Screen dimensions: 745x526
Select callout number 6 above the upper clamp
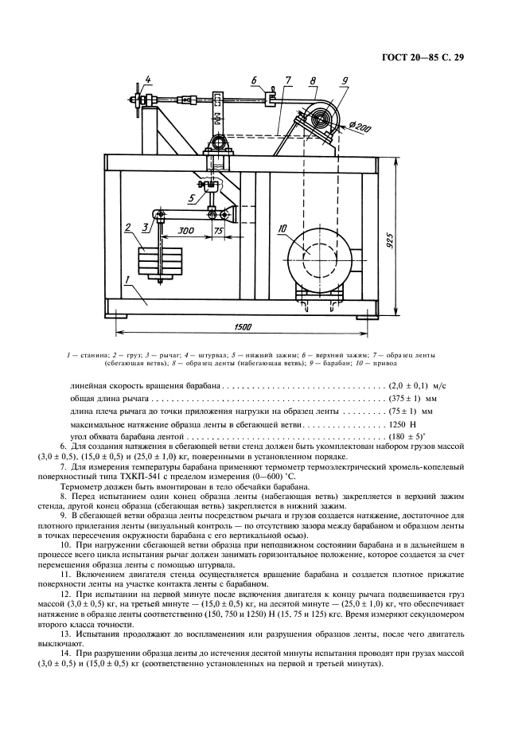pos(253,80)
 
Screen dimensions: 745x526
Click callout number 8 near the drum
pos(314,80)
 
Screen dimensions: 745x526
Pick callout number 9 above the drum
pos(345,80)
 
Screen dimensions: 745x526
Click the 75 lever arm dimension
pos(217,230)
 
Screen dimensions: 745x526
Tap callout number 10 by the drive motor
pos(282,230)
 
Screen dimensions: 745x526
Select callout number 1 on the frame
pos(125,280)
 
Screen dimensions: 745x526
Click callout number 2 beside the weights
pos(127,228)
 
